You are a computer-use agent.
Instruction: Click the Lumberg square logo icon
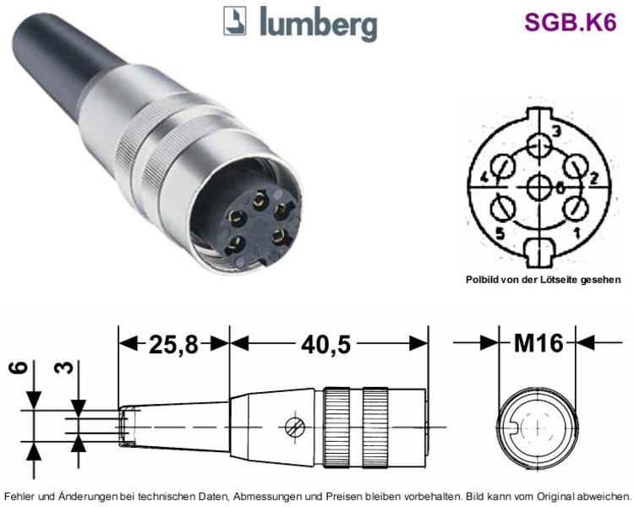tap(234, 20)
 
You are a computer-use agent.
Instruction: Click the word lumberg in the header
tap(319, 24)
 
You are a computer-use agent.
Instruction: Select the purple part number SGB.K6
tap(570, 22)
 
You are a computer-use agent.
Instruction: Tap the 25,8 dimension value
tap(174, 345)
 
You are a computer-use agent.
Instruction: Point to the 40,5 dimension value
tap(326, 345)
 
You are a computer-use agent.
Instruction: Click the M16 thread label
tap(538, 343)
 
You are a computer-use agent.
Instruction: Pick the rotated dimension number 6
tap(19, 368)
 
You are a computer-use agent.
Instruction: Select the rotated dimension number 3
tap(65, 368)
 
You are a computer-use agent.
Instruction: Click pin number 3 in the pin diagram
tap(556, 131)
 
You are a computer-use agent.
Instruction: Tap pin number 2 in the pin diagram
tap(593, 178)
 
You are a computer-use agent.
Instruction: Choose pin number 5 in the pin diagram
tap(500, 233)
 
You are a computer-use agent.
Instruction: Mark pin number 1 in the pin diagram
tap(577, 233)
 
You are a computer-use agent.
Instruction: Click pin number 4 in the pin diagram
tap(485, 177)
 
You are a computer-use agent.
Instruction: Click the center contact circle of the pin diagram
tap(539, 187)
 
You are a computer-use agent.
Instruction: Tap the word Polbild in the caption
tap(480, 280)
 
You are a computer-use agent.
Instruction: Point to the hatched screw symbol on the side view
tap(294, 427)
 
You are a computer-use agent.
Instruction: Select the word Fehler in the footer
tap(18, 496)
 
